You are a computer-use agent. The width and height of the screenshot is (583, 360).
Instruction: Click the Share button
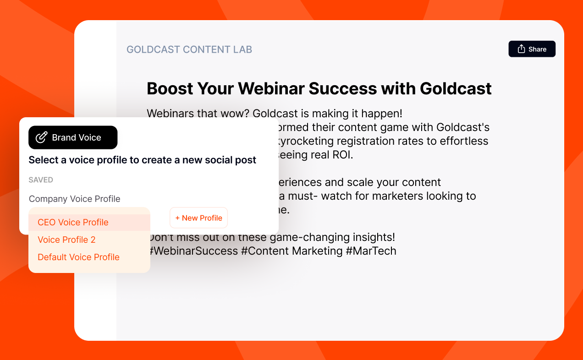pos(532,49)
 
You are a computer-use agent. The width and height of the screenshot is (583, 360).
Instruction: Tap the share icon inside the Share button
pos(521,49)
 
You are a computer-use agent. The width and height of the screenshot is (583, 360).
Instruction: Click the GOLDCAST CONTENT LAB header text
pos(189,49)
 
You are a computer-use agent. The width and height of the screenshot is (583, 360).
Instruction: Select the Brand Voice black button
pos(73,137)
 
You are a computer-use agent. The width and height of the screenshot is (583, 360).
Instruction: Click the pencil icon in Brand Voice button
pos(42,137)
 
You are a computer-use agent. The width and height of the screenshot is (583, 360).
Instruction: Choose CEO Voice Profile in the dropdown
pos(73,223)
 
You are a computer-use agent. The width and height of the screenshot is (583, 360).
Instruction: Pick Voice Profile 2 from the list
pos(66,240)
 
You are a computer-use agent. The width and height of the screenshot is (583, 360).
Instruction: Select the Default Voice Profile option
pos(78,257)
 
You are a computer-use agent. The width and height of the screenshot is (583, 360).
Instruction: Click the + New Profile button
pos(198,218)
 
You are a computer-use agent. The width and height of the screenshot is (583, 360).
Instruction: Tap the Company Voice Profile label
pos(74,199)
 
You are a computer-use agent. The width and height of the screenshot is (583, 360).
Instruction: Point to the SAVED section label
pos(41,180)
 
